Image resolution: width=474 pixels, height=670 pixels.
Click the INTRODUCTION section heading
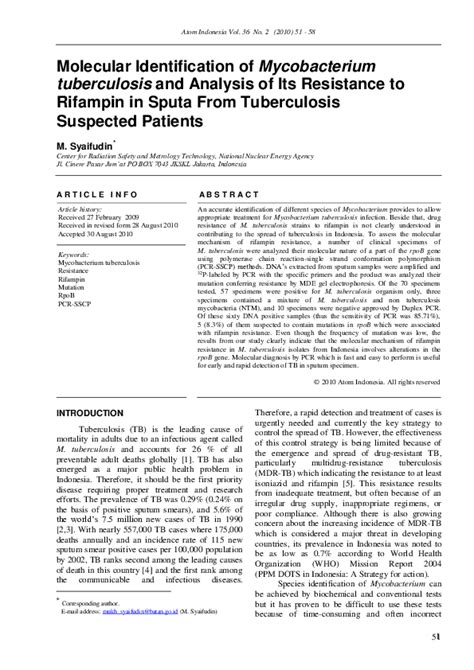90,440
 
